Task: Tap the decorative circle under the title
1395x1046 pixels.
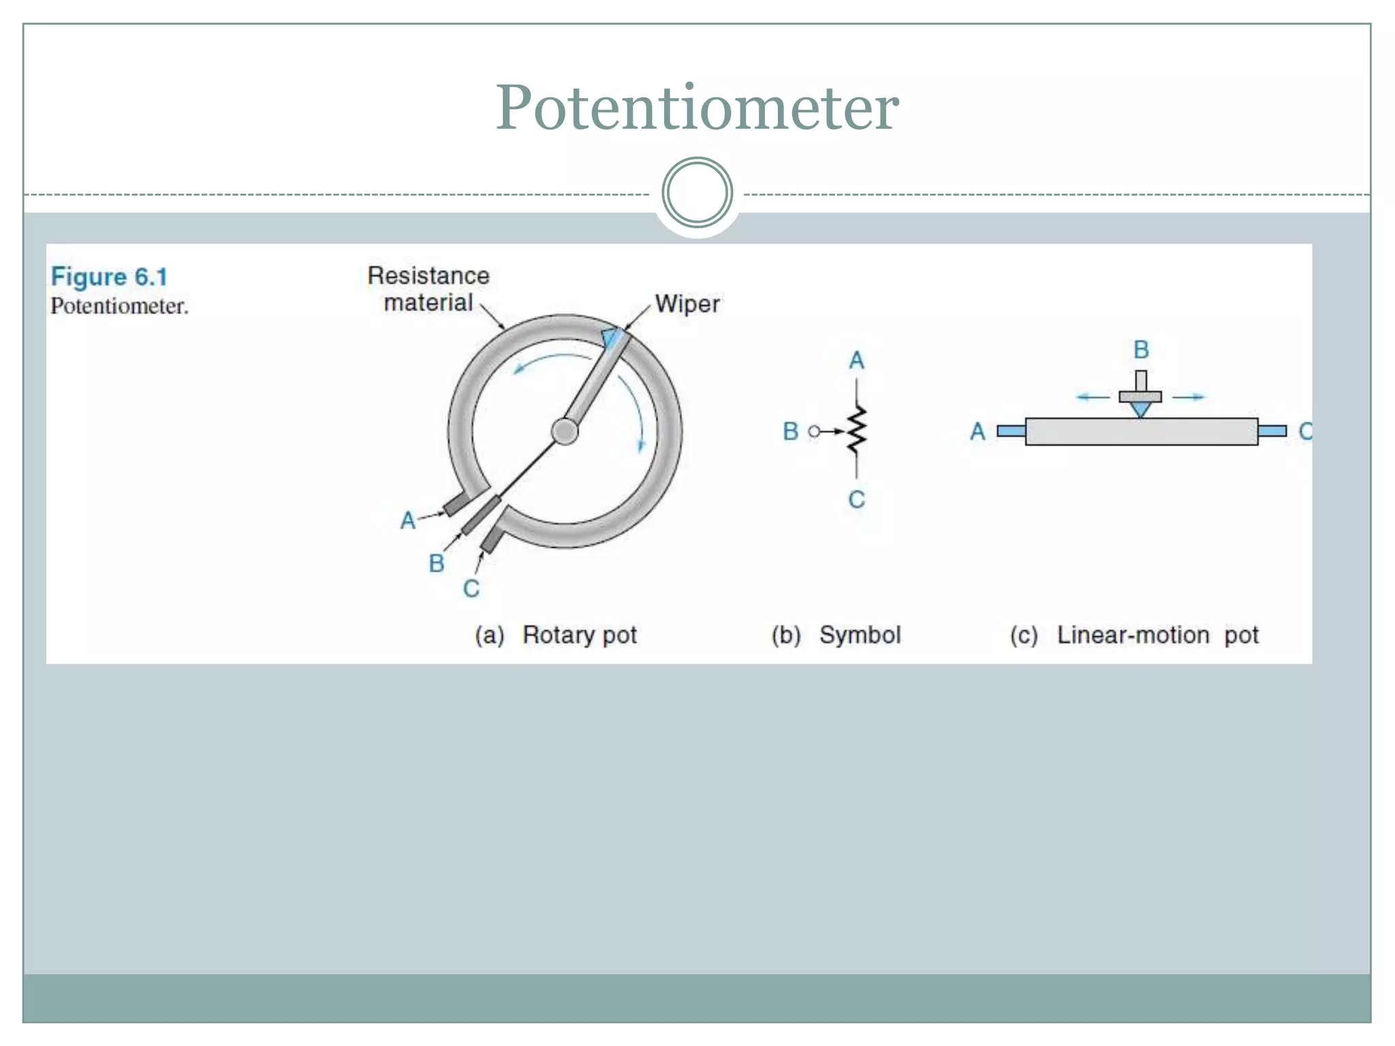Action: pos(697,192)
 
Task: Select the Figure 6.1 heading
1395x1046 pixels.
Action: pos(109,276)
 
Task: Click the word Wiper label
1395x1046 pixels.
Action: pos(687,304)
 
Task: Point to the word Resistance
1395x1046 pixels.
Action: pos(428,276)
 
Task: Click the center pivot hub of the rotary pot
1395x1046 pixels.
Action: pos(565,431)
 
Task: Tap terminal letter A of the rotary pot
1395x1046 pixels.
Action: pos(407,520)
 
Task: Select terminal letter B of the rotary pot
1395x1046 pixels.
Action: pos(437,563)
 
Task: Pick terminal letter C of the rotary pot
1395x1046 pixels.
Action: pos(471,588)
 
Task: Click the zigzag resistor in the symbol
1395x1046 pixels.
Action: pos(857,430)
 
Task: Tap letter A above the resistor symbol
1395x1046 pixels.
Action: pos(856,360)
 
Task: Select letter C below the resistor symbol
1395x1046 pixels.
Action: pos(856,500)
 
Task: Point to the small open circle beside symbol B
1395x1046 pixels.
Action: pos(814,431)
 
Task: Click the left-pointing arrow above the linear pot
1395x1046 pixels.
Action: pos(1093,396)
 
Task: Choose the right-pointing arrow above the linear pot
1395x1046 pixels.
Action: pos(1190,396)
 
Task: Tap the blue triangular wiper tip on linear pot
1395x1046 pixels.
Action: pos(1140,409)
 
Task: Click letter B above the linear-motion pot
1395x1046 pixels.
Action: pos(1141,350)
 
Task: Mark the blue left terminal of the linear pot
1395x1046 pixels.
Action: pos(1011,430)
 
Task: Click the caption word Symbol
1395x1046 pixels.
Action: pos(860,635)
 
